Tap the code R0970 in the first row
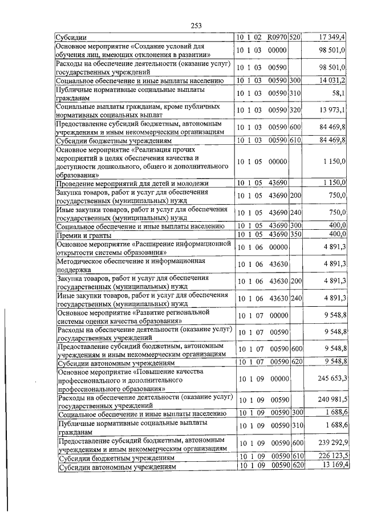click(x=277, y=37)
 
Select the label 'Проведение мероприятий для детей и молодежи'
click(x=132, y=183)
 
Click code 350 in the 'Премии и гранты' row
click(x=295, y=234)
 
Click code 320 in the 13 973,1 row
click(x=295, y=109)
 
